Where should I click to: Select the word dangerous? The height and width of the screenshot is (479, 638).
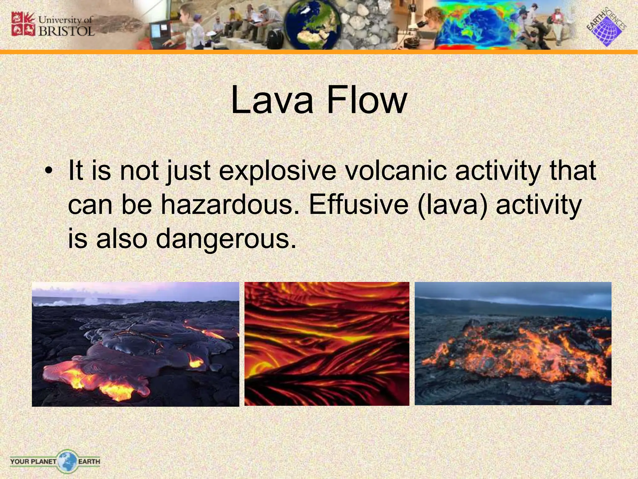click(x=226, y=239)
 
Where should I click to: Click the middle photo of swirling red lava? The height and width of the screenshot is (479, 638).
click(x=326, y=344)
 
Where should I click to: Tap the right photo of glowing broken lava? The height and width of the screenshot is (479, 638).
click(x=513, y=344)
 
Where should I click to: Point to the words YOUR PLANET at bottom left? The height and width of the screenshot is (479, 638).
click(x=33, y=461)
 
